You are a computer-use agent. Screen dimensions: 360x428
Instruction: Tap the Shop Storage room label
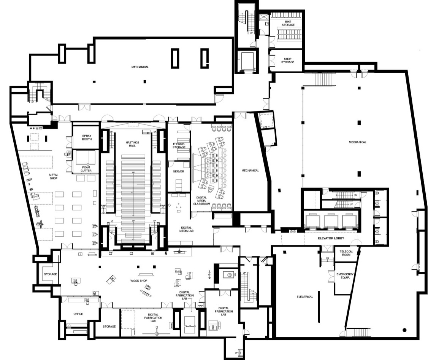point(288,61)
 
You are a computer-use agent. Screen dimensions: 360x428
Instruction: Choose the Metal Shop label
point(53,177)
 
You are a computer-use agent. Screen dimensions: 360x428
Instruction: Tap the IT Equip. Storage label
point(179,145)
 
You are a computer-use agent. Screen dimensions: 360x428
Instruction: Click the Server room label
point(179,171)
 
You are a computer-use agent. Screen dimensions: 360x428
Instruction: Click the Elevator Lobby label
point(331,239)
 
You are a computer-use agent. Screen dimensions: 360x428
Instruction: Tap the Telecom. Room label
point(346,254)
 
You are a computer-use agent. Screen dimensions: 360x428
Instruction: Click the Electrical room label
point(305,296)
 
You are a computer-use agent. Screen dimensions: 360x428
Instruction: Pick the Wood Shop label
point(139,281)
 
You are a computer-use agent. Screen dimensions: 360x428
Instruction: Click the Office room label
point(78,314)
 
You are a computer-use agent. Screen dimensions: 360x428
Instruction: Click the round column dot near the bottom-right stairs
point(404,330)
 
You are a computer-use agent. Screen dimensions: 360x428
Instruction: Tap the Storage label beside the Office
point(109,327)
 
